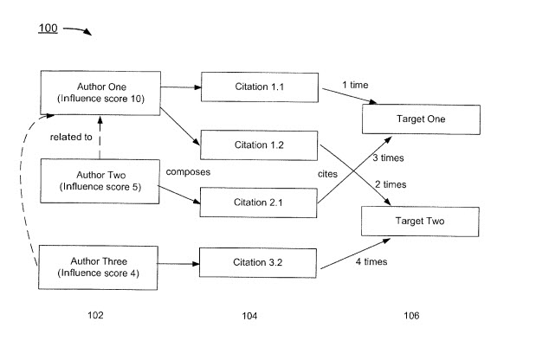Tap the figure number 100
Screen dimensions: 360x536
[x=48, y=29]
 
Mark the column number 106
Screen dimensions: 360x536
[x=410, y=316]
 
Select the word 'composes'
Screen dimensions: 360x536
[x=188, y=171]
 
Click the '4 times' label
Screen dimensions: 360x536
[x=370, y=260]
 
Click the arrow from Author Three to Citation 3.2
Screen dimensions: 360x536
[x=180, y=261]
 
